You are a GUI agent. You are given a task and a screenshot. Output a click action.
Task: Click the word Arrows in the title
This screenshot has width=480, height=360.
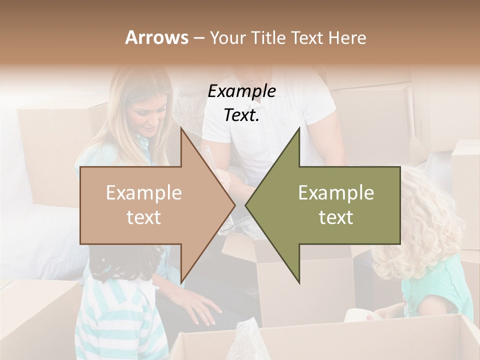point(156,38)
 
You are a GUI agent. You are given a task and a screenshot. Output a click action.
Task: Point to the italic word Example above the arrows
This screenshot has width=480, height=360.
point(241,91)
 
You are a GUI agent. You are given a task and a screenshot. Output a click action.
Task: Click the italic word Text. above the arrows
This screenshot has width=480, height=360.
point(241,115)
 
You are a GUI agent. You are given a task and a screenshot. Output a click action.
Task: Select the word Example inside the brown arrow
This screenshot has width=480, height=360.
point(144,193)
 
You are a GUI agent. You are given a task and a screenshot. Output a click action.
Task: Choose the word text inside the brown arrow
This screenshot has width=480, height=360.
point(144,217)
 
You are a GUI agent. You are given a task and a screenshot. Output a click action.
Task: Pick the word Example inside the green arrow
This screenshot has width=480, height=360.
point(336,193)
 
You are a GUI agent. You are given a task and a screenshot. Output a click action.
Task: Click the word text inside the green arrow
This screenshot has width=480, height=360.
point(336,217)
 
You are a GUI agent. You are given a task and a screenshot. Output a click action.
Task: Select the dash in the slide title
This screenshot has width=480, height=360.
point(198,38)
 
